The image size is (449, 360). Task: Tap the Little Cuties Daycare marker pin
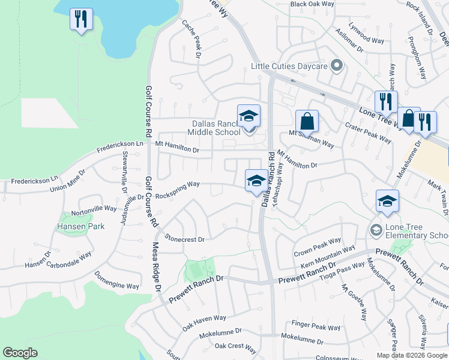337,65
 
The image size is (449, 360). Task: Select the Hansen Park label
81,226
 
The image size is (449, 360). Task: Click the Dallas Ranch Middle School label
214,128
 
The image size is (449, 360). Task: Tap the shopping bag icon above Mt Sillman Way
307,121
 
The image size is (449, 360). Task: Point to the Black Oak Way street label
312,4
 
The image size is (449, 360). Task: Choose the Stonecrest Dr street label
185,239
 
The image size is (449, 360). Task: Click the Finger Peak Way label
316,326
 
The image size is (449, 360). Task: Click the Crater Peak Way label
368,132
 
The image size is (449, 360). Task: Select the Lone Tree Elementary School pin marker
376,230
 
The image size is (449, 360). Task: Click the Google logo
20,353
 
